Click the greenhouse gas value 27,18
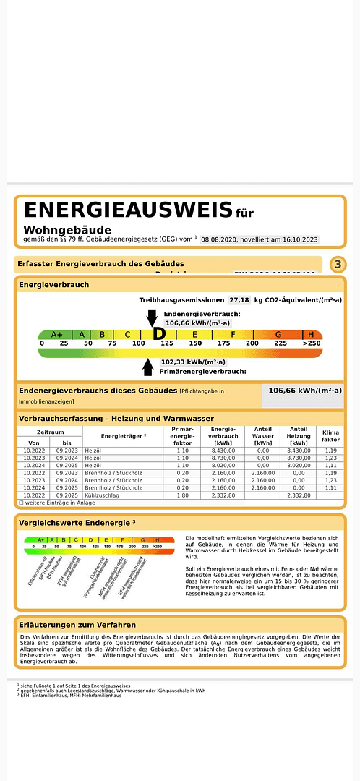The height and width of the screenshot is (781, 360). click(239, 299)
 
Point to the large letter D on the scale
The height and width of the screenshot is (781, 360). click(159, 334)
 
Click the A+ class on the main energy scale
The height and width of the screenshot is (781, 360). click(56, 334)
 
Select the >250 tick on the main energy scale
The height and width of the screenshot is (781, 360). click(312, 343)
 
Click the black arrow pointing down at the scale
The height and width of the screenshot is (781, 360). click(152, 317)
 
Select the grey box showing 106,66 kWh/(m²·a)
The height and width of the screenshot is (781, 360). click(304, 390)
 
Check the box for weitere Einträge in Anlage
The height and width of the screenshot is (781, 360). click(21, 502)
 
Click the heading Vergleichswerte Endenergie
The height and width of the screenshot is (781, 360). click(77, 522)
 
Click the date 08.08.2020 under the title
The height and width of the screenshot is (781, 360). click(223, 239)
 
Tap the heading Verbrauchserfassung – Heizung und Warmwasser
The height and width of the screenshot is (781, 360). click(116, 419)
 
